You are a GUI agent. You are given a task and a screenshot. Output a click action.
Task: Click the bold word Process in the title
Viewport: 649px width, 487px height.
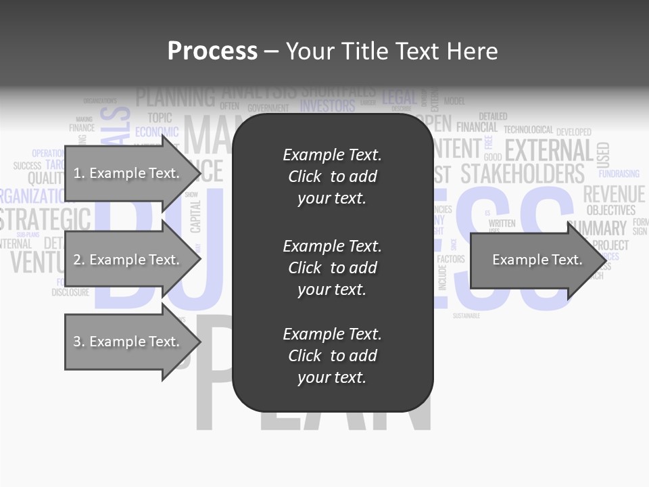click(x=212, y=51)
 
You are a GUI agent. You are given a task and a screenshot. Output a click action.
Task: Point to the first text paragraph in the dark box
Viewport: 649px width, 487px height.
click(x=332, y=177)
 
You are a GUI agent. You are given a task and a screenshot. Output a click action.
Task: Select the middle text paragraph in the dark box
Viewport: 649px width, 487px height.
click(x=332, y=268)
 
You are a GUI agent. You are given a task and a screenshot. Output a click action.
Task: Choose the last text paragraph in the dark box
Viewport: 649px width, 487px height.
click(x=332, y=356)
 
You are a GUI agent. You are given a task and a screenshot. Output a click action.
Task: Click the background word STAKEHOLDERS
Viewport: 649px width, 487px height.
click(x=522, y=174)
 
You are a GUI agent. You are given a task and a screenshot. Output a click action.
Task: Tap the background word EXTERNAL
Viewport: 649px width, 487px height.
click(x=548, y=150)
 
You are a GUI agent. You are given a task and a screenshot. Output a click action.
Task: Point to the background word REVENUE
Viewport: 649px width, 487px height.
click(x=614, y=195)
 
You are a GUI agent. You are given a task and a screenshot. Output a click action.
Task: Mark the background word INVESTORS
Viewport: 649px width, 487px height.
click(x=327, y=106)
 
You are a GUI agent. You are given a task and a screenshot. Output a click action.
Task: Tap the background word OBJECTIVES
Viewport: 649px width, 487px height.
click(x=610, y=211)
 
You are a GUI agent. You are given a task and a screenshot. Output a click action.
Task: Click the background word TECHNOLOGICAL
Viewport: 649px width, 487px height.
click(x=528, y=130)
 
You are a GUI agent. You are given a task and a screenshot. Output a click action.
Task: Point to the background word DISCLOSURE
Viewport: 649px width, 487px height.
click(x=70, y=293)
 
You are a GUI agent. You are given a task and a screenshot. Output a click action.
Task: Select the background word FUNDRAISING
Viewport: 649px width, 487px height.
click(x=619, y=174)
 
